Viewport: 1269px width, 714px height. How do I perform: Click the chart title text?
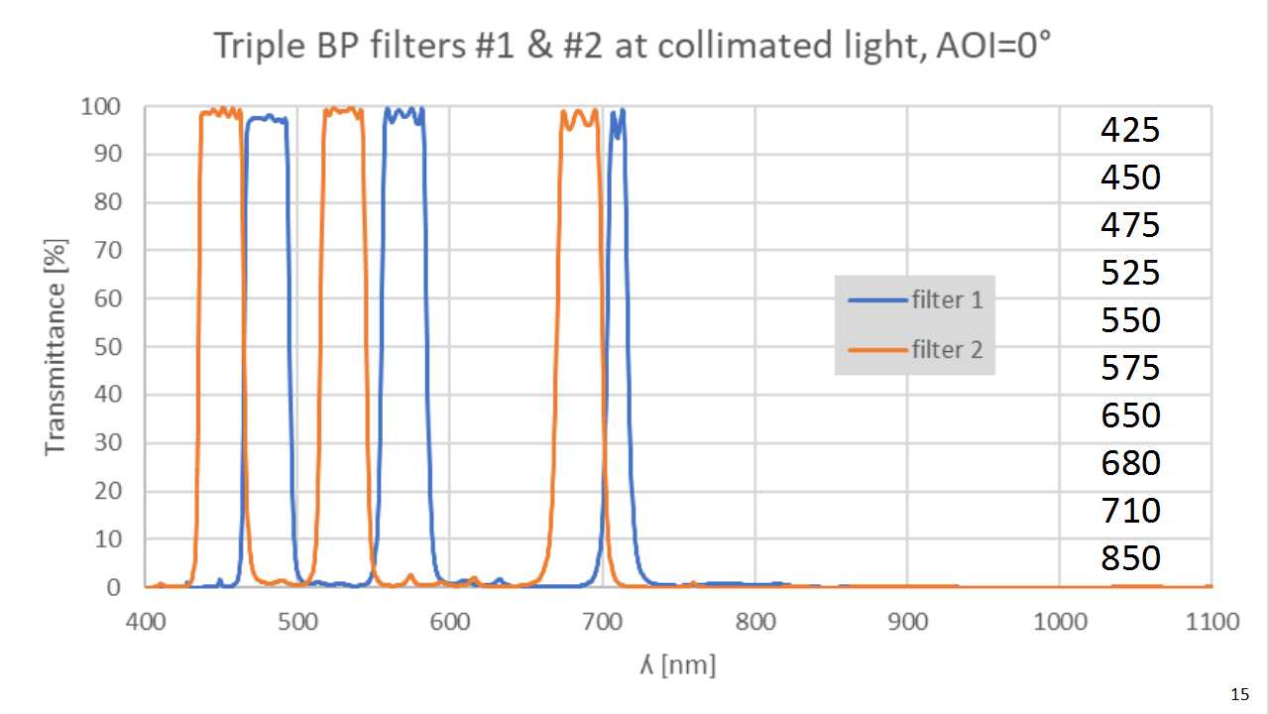(x=634, y=47)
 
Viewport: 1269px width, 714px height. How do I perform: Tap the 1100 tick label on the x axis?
(x=1211, y=622)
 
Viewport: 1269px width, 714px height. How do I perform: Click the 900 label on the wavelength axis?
(x=907, y=622)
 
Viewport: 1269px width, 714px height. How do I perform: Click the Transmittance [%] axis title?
(x=56, y=347)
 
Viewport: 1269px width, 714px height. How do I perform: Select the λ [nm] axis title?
(x=677, y=663)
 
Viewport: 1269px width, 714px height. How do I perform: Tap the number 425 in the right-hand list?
(x=1130, y=130)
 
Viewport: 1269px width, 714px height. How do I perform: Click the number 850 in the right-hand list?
(x=1130, y=558)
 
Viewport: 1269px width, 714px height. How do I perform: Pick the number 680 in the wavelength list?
(x=1130, y=463)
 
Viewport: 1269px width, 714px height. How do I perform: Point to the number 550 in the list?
(x=1130, y=320)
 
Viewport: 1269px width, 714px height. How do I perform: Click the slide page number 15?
(x=1238, y=692)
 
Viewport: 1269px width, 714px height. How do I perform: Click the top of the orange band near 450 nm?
(x=221, y=112)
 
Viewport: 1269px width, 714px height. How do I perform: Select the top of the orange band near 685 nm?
(x=580, y=114)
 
